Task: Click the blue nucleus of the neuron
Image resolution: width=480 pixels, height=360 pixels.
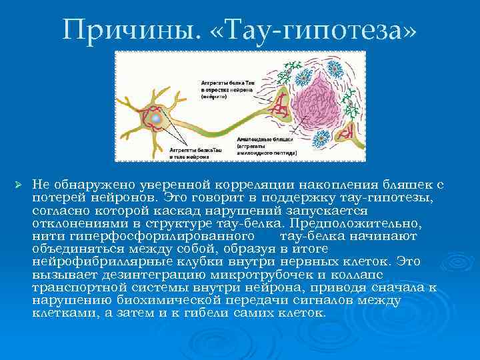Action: (155, 118)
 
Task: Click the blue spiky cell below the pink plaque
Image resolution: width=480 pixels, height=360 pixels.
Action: (321, 139)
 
